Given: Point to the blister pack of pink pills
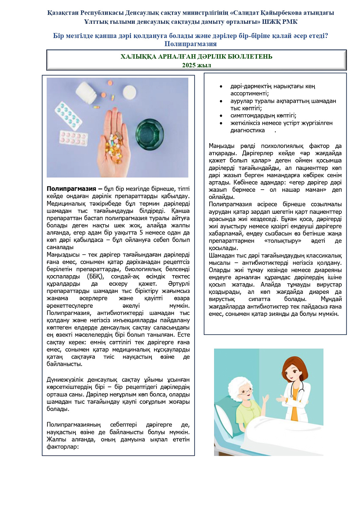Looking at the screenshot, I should point(73,138).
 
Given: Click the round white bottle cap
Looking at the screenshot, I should point(129,92).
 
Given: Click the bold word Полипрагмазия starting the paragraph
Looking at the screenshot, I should point(71,189).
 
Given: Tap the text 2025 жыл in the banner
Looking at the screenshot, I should point(196,65).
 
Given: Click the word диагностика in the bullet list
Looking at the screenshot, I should point(247,130).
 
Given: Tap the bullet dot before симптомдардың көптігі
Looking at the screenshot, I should point(221,116).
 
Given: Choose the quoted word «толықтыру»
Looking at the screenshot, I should point(282,241).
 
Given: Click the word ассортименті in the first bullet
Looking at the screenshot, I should point(249,94).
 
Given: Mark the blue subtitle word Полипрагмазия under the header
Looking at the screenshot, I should point(190,44).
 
